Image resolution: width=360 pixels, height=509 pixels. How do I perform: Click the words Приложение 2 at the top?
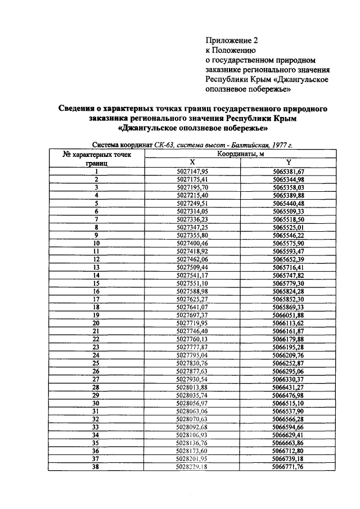coord(231,40)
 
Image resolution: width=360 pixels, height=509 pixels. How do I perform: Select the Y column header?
coord(288,162)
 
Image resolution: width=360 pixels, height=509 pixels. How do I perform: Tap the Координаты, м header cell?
coord(240,154)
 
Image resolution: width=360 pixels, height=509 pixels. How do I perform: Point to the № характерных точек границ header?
coord(96,157)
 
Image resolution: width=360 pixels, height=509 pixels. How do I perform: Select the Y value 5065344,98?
coord(288,179)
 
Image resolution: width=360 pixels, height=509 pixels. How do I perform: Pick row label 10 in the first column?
coord(96,242)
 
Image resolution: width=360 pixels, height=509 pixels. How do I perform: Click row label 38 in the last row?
coord(96,467)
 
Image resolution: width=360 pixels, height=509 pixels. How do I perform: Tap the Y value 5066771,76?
coord(288,467)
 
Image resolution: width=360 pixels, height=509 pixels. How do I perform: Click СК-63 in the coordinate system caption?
coord(164,145)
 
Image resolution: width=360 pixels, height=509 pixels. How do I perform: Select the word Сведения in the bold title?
coord(80,108)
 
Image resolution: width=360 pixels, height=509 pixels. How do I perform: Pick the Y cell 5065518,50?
coord(288,219)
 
